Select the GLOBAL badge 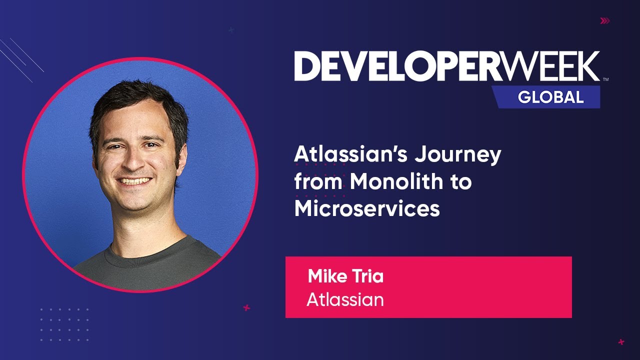pyautogui.click(x=550, y=96)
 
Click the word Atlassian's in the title pyautogui.click(x=343, y=154)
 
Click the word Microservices pyautogui.click(x=367, y=208)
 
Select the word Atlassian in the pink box pyautogui.click(x=345, y=299)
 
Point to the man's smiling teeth pyautogui.click(x=134, y=180)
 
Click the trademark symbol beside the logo pyautogui.click(x=605, y=79)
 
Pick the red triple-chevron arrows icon pyautogui.click(x=605, y=20)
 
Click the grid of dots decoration pyautogui.click(x=64, y=324)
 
